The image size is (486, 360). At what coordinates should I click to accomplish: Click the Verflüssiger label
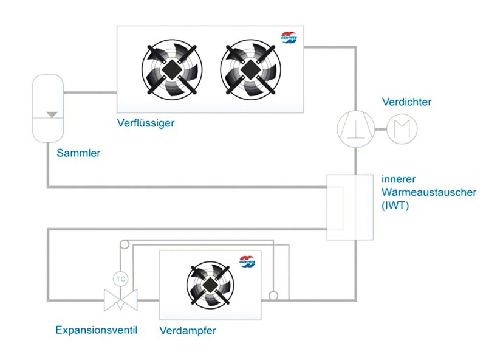pos(146,123)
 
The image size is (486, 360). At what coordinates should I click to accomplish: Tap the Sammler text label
pos(78,153)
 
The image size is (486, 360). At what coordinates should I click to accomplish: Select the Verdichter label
pos(406,102)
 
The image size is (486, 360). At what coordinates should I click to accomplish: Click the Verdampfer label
pos(188,331)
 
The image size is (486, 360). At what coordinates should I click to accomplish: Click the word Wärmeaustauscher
pos(429,192)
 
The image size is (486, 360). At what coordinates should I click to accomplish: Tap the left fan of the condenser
pos(170,69)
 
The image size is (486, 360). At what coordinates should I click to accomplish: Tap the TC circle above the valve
pos(121,279)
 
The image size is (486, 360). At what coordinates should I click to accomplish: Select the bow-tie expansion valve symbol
pos(121,299)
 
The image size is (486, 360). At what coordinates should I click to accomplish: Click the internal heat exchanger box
pos(349,206)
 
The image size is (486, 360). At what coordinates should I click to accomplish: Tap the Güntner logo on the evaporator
pos(247,260)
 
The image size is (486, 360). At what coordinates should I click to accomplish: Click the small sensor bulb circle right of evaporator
pos(273,296)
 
